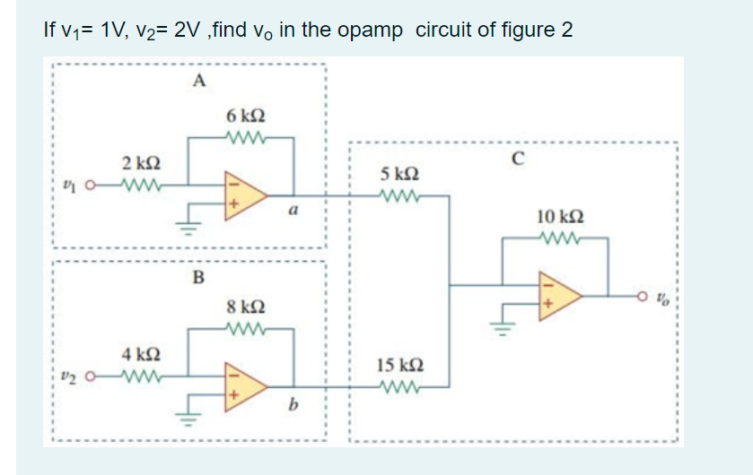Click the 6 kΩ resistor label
tap(246, 117)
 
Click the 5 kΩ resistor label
tap(398, 172)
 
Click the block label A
tap(198, 82)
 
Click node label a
tap(293, 212)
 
